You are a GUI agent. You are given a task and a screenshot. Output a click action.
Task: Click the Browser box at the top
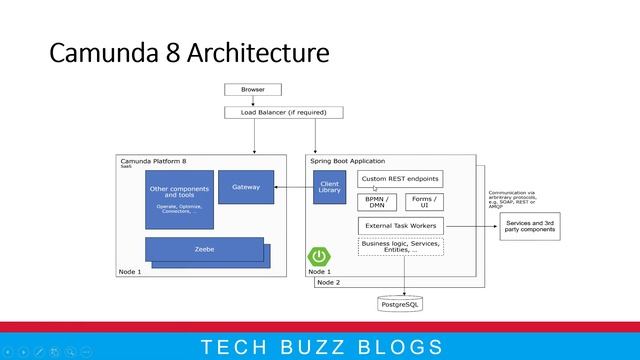click(x=253, y=90)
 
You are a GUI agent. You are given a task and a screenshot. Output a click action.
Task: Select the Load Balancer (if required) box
click(x=276, y=112)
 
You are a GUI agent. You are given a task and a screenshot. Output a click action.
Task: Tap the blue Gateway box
click(x=245, y=187)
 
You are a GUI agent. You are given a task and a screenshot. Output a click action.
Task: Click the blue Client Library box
click(x=329, y=187)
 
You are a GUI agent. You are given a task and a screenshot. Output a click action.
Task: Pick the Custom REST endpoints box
click(x=400, y=179)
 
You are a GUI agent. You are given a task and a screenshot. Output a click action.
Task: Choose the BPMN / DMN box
click(x=376, y=202)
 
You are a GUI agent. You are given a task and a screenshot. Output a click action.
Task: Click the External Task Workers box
click(x=400, y=225)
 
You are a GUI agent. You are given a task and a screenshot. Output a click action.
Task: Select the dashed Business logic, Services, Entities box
click(x=400, y=247)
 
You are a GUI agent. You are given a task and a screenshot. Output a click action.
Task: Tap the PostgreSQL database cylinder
click(x=404, y=301)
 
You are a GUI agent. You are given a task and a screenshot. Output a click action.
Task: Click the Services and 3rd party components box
click(x=530, y=226)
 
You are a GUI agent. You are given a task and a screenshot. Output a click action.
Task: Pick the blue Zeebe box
click(x=204, y=250)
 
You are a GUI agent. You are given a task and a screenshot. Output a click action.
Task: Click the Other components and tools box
click(x=180, y=199)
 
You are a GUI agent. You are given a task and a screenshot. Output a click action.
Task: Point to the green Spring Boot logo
click(x=319, y=257)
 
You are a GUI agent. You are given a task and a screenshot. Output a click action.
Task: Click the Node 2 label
click(x=328, y=283)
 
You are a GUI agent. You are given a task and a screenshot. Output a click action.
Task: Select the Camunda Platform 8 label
click(x=153, y=161)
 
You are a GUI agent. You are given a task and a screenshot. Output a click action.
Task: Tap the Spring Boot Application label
click(x=346, y=161)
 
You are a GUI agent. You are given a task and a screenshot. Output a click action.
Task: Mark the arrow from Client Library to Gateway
click(x=293, y=187)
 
